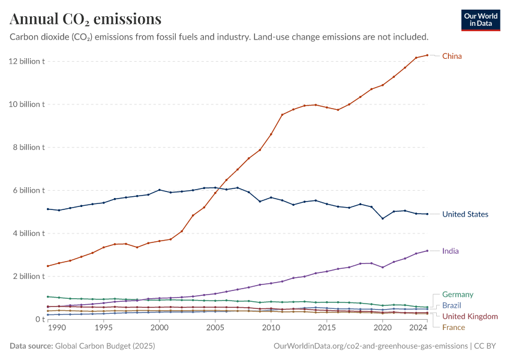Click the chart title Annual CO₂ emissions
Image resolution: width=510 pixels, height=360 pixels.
(86, 19)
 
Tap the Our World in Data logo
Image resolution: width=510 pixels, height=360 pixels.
(481, 20)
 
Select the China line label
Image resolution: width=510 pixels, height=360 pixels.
(452, 56)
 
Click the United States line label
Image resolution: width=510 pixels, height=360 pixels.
(465, 214)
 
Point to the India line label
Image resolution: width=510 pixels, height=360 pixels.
(451, 251)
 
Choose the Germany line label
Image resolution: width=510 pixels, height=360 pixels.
(457, 295)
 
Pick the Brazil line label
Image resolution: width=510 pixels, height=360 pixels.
(452, 305)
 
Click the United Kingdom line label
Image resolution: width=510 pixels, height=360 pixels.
(470, 316)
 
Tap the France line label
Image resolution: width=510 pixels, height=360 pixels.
(453, 327)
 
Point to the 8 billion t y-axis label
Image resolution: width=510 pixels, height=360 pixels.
(28, 148)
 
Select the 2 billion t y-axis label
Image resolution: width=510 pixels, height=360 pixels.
(28, 277)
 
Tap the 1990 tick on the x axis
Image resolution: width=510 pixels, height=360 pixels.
(56, 328)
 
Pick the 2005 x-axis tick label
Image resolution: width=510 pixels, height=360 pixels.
(215, 328)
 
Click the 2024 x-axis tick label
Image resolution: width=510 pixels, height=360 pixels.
(416, 328)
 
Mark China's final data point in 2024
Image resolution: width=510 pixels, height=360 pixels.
(427, 55)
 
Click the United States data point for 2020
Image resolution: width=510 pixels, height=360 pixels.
(382, 218)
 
